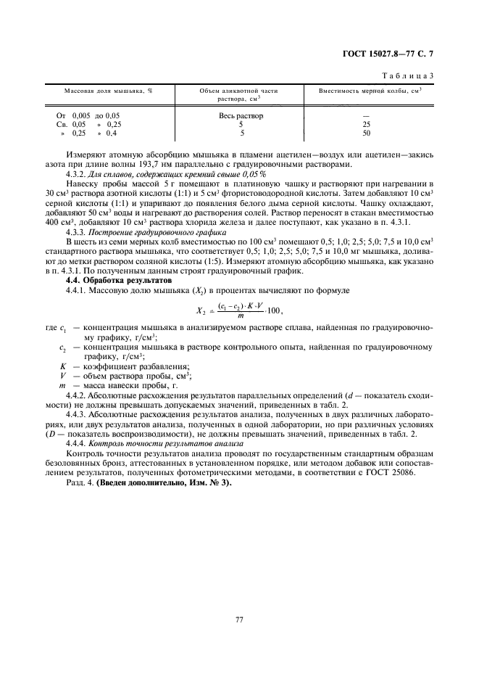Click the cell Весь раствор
(241, 115)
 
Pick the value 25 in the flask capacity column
(366, 124)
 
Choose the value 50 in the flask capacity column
(366, 133)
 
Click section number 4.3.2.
(77, 175)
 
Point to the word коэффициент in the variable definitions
(99, 366)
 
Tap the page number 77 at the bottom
(239, 619)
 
